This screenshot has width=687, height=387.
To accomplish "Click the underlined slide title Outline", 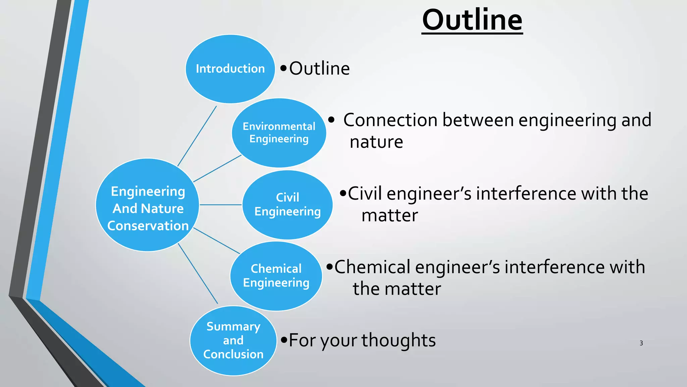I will coord(472,20).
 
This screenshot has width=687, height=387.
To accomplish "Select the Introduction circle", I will coord(230,69).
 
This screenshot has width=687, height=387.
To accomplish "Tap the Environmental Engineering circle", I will coord(279,133).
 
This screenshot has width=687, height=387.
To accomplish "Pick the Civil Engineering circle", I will coord(287,205).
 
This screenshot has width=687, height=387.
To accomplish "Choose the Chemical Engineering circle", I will coord(276,276).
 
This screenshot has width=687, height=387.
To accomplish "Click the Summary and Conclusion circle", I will coord(233,340).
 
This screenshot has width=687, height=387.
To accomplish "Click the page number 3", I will coord(641,343).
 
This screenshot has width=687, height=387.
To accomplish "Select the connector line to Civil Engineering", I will coord(220,205).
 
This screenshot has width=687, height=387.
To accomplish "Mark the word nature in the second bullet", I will coord(376,142).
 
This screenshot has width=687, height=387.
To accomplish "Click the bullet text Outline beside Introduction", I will coord(319,69).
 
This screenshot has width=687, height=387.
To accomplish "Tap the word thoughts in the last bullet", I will coord(399,340).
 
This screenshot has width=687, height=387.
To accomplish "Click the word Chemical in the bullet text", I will coord(372,267).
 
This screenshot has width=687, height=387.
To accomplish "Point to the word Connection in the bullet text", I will coord(390,120).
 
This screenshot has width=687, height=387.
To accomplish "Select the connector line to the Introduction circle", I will coord(197,136).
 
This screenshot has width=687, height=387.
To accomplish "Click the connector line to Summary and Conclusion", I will coord(198,273).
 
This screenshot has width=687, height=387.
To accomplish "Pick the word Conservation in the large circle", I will coord(148,226).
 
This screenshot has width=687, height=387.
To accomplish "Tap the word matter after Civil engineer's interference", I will coord(389,215).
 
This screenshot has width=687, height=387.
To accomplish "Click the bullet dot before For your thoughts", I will coord(284,340).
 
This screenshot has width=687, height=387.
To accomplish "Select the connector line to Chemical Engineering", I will coord(216,241).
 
